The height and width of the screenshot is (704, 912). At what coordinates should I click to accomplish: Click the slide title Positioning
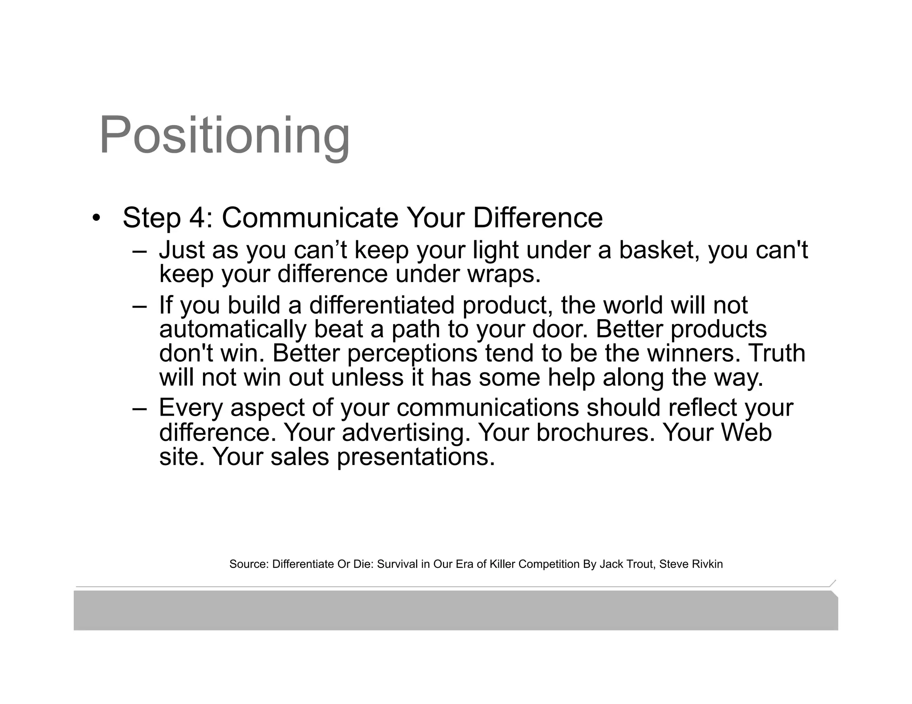(x=224, y=135)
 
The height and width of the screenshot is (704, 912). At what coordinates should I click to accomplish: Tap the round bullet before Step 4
(x=95, y=218)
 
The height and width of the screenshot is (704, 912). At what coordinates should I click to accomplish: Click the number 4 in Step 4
(x=198, y=218)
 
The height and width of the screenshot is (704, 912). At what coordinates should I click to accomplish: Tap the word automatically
(x=232, y=329)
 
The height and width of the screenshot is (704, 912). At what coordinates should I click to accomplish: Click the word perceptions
(x=412, y=353)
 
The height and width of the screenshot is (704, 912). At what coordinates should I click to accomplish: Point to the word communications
(x=487, y=408)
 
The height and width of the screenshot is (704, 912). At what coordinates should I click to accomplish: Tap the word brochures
(x=595, y=432)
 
